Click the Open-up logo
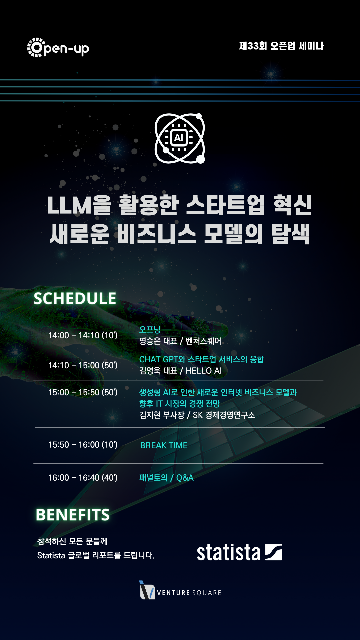[x=58, y=47]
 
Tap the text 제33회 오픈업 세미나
[x=281, y=46]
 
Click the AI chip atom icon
[x=180, y=138]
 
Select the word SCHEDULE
[x=75, y=298]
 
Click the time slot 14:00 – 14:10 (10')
[x=83, y=335]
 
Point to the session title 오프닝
[x=150, y=329]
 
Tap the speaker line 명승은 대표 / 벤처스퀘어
[x=180, y=341]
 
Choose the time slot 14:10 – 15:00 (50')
[x=83, y=365]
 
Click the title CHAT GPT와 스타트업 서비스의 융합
[x=201, y=359]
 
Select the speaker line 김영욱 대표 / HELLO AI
[x=180, y=371]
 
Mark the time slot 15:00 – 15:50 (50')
[x=83, y=392]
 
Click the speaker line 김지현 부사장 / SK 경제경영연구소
[x=197, y=415]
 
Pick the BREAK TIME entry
[x=164, y=445]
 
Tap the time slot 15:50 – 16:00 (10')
[x=83, y=445]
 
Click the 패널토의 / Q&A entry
[x=166, y=478]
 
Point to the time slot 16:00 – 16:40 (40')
[x=83, y=478]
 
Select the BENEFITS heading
[x=73, y=515]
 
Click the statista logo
[x=239, y=552]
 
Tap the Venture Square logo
[x=180, y=590]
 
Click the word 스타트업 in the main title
[x=225, y=205]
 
